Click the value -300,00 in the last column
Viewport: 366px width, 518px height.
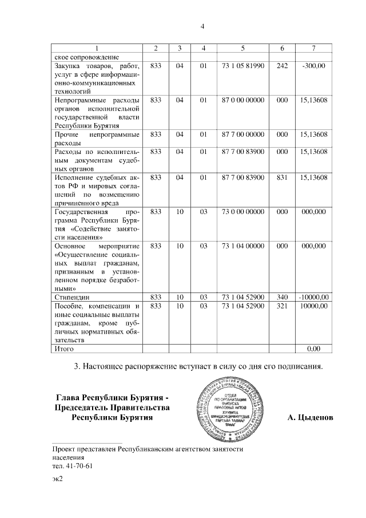(313, 66)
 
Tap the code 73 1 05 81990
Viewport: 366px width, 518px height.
(242, 66)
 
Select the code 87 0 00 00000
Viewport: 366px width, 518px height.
(242, 100)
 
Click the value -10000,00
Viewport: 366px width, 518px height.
(313, 298)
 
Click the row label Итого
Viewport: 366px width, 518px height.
(63, 348)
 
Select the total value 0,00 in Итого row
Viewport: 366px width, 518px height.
(313, 348)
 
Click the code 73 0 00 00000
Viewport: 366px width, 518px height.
(242, 211)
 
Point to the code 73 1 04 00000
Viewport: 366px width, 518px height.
(242, 245)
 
